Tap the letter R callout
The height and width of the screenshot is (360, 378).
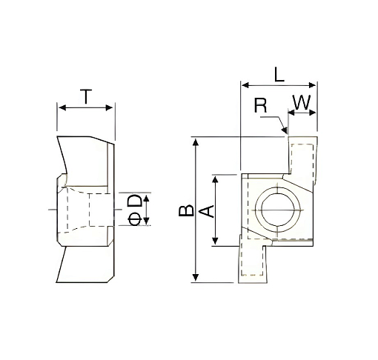tap(260, 104)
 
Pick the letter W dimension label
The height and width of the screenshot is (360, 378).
tap(301, 103)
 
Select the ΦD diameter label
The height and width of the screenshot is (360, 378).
tap(135, 210)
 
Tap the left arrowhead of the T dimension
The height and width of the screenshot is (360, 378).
tap(60, 108)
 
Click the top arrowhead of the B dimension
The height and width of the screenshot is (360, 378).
tap(196, 141)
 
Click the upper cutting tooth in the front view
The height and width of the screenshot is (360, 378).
tap(302, 159)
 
